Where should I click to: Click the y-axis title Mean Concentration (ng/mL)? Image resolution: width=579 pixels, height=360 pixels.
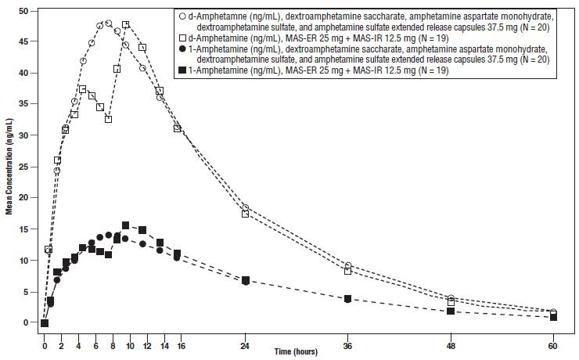pos(9,167)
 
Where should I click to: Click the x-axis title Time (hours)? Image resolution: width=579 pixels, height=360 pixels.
pos(296,351)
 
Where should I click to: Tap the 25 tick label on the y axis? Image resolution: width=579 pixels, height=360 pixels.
pos(23,167)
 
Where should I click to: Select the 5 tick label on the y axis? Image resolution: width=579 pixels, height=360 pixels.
pos(26,292)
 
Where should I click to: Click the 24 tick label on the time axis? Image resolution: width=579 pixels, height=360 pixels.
pos(245,346)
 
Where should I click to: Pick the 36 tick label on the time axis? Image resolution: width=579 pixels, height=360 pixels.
pos(347,346)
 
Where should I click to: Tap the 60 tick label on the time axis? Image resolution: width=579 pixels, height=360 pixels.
pos(553,346)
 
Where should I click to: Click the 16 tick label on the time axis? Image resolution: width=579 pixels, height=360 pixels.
pos(181,346)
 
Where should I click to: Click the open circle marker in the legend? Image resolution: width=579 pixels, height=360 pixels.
pos(182,16)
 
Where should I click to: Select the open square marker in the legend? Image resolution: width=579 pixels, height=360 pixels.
pos(182,38)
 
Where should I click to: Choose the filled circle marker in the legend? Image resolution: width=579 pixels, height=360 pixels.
pos(182,49)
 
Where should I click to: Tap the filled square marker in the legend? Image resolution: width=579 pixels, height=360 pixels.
pos(182,70)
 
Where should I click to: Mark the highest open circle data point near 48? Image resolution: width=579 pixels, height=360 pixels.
pos(109,23)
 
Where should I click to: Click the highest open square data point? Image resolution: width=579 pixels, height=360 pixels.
pos(125,25)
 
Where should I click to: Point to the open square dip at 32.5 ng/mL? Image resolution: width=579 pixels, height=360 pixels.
pos(108,119)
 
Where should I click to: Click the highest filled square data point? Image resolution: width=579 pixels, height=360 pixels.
pos(125,225)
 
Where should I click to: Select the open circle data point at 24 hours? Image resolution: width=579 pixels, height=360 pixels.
pos(245,207)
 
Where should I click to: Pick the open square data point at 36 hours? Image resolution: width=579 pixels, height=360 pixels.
pos(347,271)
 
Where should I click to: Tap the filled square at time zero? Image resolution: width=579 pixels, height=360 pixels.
pos(45,323)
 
